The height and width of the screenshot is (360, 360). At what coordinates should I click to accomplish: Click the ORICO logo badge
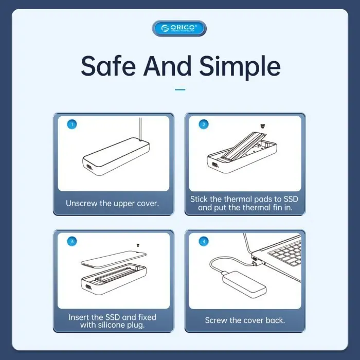pyautogui.click(x=179, y=28)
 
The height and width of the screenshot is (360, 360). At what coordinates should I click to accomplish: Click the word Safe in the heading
pyautogui.click(x=109, y=66)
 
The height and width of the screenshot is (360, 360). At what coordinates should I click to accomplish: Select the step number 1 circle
pyautogui.click(x=72, y=124)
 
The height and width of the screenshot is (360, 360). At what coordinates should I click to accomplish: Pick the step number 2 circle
pyautogui.click(x=204, y=124)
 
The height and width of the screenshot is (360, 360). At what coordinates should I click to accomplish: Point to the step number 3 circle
pyautogui.click(x=72, y=241)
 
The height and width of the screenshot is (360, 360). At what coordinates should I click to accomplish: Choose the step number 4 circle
pyautogui.click(x=204, y=241)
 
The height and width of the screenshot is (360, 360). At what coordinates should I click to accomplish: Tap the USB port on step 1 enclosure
pyautogui.click(x=88, y=167)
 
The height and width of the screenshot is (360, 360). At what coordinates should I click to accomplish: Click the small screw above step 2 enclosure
pyautogui.click(x=262, y=126)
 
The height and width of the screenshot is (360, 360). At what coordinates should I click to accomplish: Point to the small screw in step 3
pyautogui.click(x=138, y=245)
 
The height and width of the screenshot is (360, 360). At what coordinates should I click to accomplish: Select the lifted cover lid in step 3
pyautogui.click(x=114, y=259)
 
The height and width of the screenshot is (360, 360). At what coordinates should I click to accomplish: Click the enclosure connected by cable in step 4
pyautogui.click(x=244, y=282)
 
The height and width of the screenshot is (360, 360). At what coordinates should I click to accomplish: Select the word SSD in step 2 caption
pyautogui.click(x=291, y=199)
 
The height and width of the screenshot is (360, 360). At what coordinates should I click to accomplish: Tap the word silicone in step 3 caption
pyautogui.click(x=111, y=325)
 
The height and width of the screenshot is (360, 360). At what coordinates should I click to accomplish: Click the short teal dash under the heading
pyautogui.click(x=180, y=89)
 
